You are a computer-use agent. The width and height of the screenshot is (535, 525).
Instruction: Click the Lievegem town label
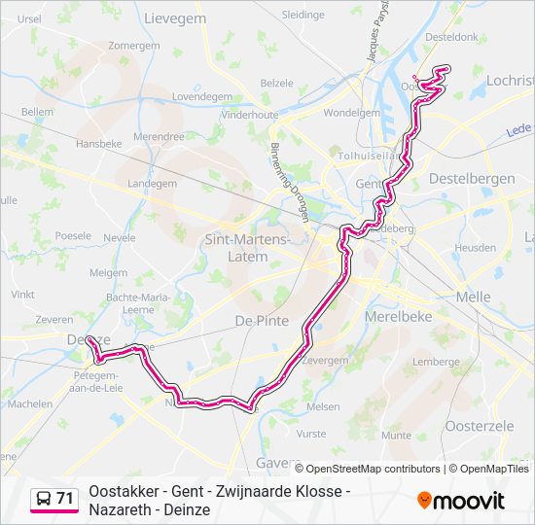[x=177, y=17]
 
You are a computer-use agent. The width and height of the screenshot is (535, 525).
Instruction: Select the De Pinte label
[x=258, y=319]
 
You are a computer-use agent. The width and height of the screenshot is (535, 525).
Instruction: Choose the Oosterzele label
[x=478, y=425]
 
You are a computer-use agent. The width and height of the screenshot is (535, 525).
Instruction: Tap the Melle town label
[x=473, y=297]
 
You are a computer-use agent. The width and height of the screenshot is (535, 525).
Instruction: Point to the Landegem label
[x=153, y=183]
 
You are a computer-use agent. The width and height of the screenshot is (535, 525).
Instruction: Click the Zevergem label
[x=325, y=360]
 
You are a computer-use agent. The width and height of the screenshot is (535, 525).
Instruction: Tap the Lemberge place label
[x=435, y=362]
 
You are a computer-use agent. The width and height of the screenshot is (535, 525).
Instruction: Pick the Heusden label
[x=475, y=248]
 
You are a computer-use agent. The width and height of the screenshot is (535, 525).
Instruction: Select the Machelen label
[x=30, y=403]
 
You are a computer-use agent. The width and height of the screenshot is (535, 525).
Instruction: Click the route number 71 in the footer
[x=64, y=499]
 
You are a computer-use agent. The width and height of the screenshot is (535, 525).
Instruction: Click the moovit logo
[x=461, y=501]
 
